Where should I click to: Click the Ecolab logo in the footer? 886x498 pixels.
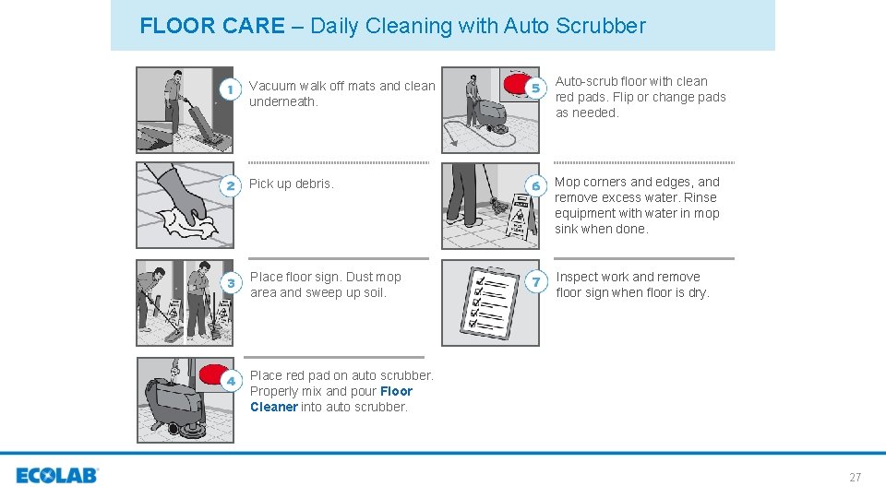pos(56,476)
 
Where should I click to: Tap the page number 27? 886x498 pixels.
pos(855,477)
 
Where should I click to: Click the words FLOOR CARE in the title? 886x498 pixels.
pos(212,26)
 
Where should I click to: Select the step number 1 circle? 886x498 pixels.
pos(231,89)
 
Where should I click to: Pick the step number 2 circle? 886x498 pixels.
pos(231,185)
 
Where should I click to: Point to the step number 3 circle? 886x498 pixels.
pos(231,282)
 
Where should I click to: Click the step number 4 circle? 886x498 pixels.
pos(231,380)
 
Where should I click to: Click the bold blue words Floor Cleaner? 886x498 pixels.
pos(331,398)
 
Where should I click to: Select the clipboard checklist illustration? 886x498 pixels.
pos(488,302)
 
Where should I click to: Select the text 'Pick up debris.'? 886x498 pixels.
pos(291,184)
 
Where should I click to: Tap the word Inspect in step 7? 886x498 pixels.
pos(577,277)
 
